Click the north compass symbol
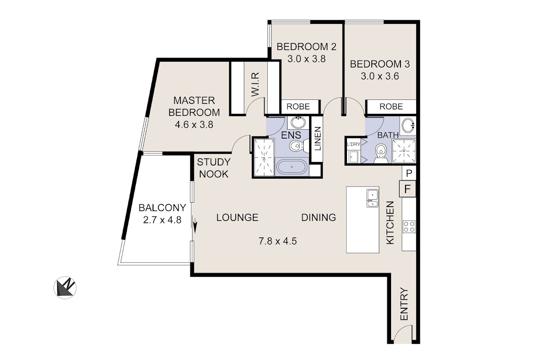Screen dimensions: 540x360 pos(65,288)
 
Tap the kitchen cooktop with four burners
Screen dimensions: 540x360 pos(409,227)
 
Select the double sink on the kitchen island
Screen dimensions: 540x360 pos(373,198)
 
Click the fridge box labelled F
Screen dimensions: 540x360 pos(407,189)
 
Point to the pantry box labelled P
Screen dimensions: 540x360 pos(409,173)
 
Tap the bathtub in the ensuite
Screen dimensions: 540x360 pos(292,166)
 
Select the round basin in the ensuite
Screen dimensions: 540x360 pos(298,122)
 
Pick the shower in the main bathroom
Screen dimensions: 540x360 pos(404,151)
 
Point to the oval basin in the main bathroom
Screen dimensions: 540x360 pos(408,125)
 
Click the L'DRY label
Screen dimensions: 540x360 pos(353,144)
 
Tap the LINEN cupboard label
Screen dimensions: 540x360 pos(318,139)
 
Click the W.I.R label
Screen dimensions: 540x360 pos(255,84)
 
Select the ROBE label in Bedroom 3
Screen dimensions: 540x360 pos(391,106)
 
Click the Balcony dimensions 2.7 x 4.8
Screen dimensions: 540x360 pos(162,220)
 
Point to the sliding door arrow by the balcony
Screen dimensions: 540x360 pos(195,225)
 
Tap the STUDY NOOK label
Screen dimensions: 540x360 pos(214,168)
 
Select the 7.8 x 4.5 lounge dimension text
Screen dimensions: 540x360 pos(278,241)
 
